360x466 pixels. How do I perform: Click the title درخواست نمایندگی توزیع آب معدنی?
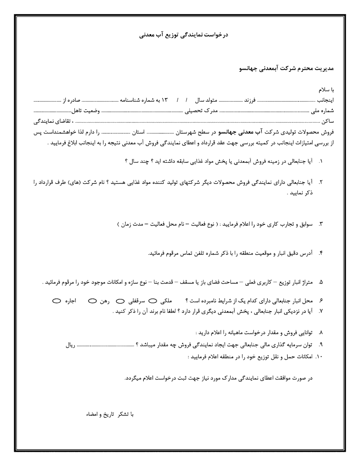coord(183,35)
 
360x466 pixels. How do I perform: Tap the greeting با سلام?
coord(326,90)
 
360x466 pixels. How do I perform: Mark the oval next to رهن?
coord(93,301)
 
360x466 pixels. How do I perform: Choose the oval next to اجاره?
coord(56,301)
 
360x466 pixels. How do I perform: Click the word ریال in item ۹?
coord(70,345)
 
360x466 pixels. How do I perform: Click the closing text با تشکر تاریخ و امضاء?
coord(110,414)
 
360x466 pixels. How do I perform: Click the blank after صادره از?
coord(47,100)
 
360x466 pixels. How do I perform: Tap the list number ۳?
coord(321,225)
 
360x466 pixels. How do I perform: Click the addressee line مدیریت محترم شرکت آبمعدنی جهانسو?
coord(286,69)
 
